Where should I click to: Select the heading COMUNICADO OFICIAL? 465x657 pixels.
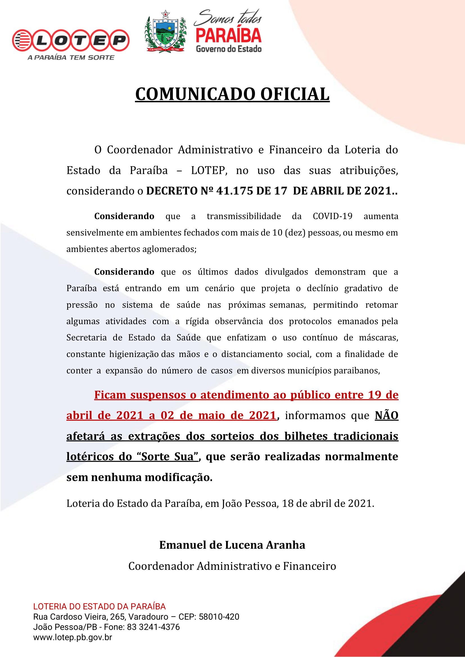(x=232, y=94)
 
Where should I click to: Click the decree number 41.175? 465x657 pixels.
(x=235, y=191)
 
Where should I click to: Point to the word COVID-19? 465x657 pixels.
(x=332, y=216)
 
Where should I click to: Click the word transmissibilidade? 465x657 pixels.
(x=244, y=216)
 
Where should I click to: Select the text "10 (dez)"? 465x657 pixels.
(x=289, y=233)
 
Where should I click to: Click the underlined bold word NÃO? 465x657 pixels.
(x=387, y=415)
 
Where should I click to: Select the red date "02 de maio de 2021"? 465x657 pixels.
(x=218, y=415)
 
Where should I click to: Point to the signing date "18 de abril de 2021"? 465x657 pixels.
(x=328, y=503)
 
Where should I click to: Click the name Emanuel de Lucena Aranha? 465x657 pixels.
(x=232, y=545)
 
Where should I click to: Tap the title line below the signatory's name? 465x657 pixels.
(x=232, y=566)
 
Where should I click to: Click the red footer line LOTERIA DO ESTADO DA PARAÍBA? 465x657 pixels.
(x=99, y=606)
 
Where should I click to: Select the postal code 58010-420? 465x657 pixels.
(x=219, y=617)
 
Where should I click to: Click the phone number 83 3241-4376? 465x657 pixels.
(x=153, y=627)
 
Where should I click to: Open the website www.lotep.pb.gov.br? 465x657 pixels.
(x=73, y=637)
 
